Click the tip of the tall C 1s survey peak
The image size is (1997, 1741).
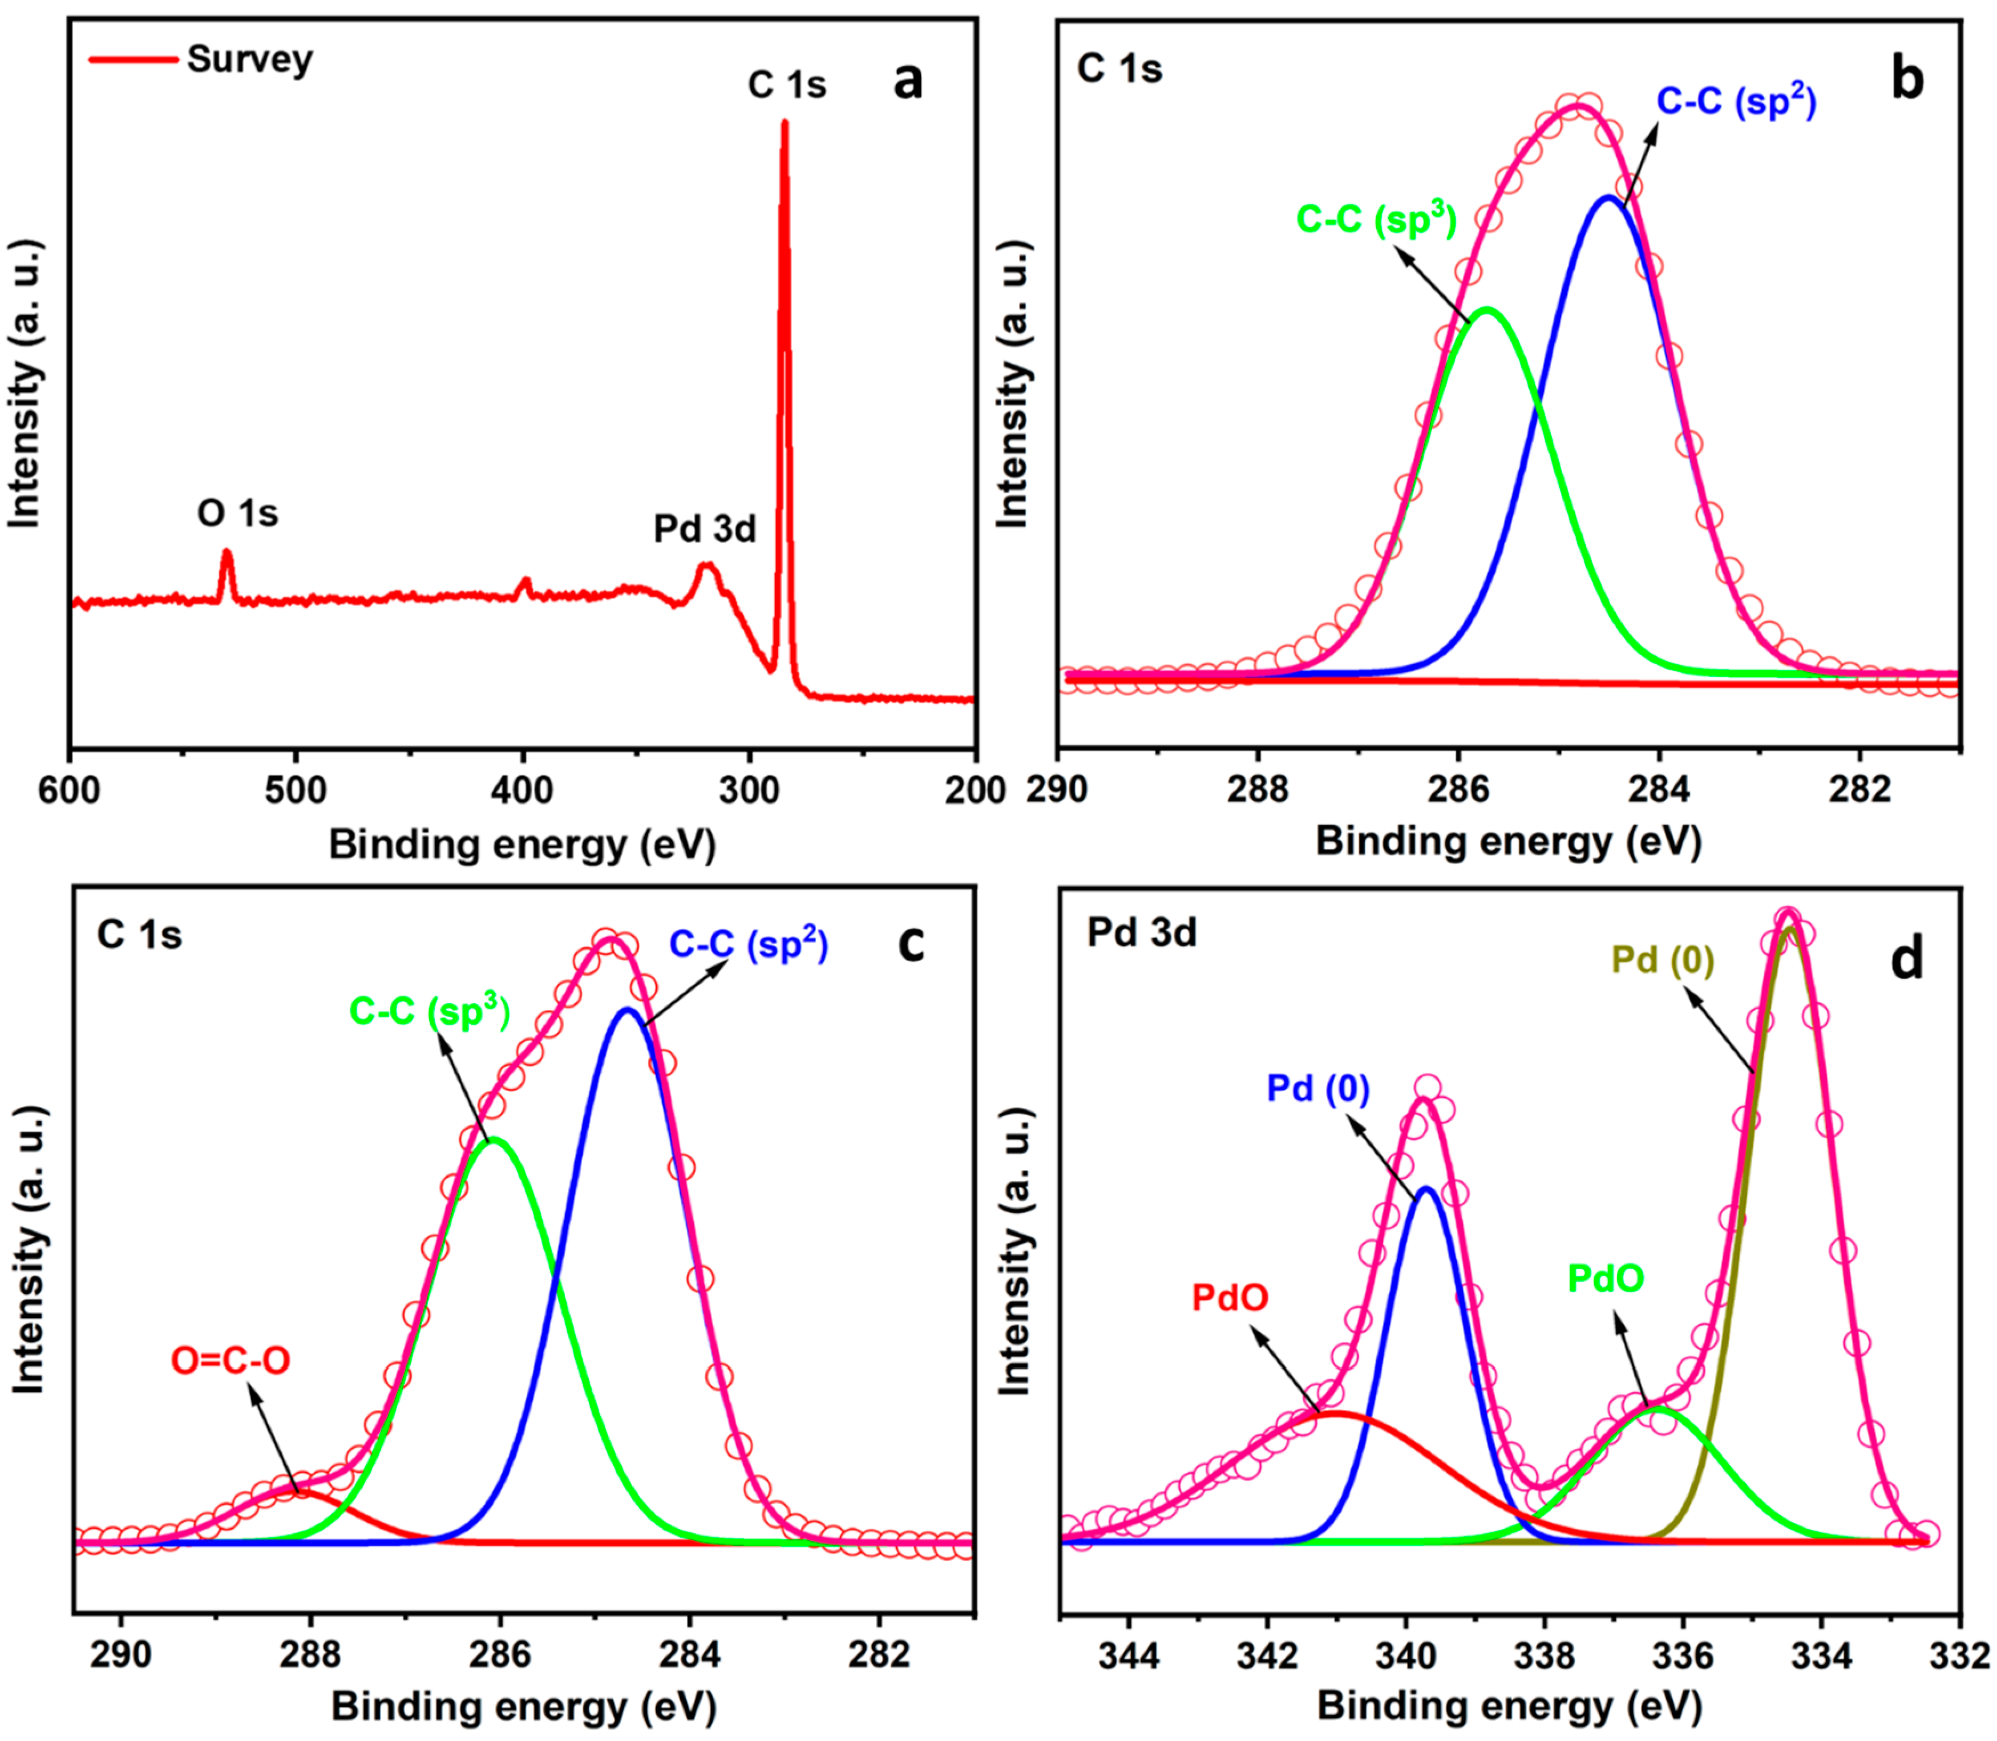pyautogui.click(x=784, y=123)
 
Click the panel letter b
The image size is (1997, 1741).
pyautogui.click(x=1907, y=80)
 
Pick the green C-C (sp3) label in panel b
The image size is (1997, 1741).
pyautogui.click(x=1376, y=220)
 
